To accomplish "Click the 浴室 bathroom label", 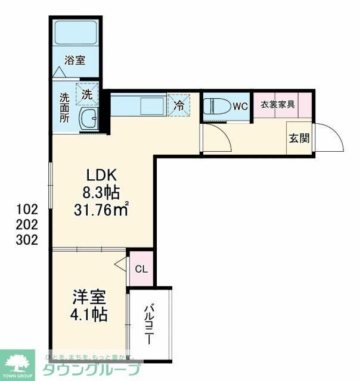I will (x=76, y=60).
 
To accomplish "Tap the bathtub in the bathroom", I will (x=76, y=33).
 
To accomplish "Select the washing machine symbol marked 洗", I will (x=87, y=93).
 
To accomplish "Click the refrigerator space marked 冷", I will (x=179, y=106).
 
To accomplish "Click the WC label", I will (x=240, y=107).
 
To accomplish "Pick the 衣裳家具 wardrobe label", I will (x=277, y=104).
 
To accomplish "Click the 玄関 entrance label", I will (x=299, y=139).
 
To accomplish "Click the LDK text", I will (x=104, y=175).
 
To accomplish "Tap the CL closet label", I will (x=141, y=269).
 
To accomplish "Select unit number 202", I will (x=27, y=225).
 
